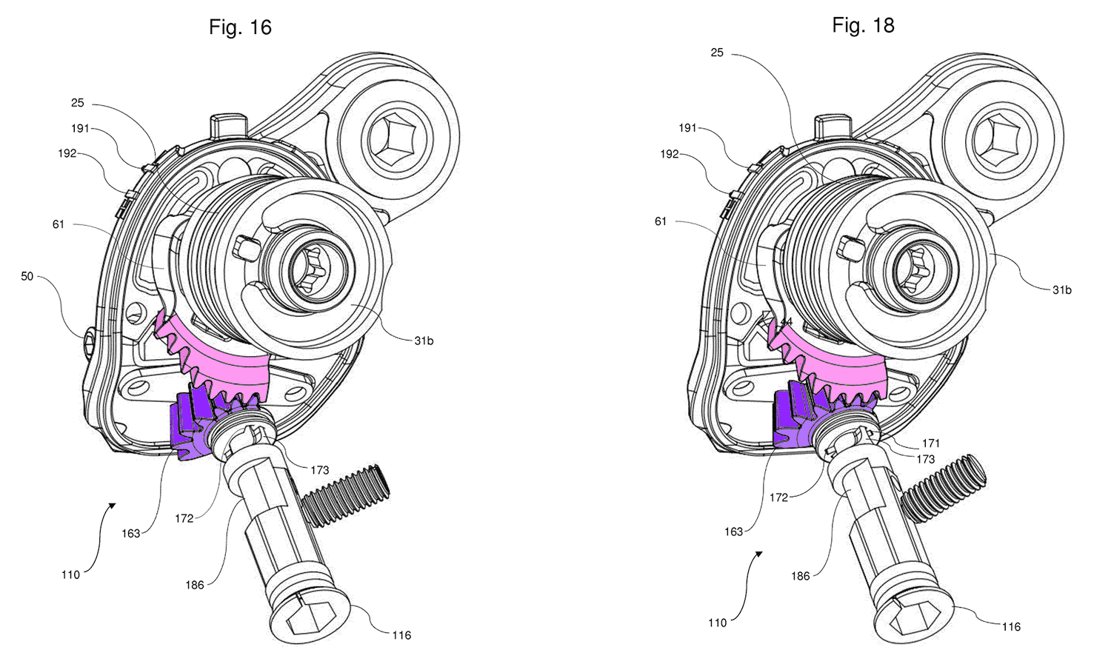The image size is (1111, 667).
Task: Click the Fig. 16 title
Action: coord(240,27)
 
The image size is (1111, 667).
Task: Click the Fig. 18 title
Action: coord(863,25)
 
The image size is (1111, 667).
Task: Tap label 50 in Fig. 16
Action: coord(27,276)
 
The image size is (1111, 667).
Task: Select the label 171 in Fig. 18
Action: coord(931,443)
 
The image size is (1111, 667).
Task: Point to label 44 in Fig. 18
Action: coord(786,322)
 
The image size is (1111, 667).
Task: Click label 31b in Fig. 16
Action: coord(424,341)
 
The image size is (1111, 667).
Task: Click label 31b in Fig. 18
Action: coord(1061,289)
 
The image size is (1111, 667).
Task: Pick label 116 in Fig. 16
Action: coord(401,634)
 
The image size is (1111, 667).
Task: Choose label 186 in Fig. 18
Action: coord(800,575)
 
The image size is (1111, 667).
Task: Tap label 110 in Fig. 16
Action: coord(70,574)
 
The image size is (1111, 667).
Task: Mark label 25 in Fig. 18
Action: coord(717,53)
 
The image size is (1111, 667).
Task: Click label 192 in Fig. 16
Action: coord(67,153)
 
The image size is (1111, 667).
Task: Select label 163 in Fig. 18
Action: coord(733,532)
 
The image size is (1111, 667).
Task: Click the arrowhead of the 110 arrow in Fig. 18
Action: coord(758,553)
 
